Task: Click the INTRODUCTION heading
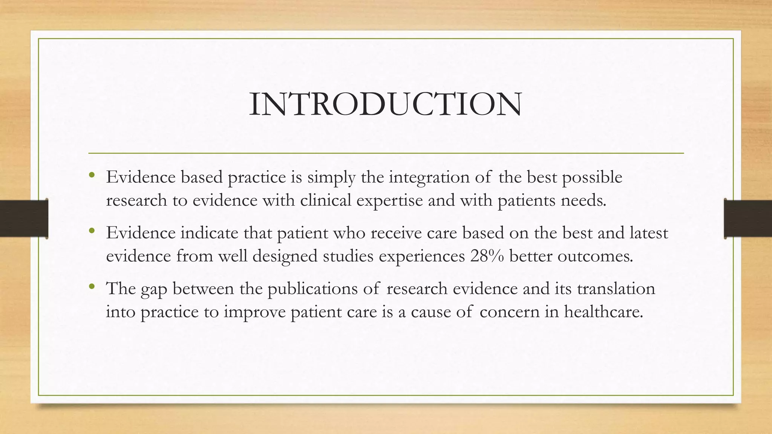pos(386,104)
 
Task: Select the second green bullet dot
pos(92,231)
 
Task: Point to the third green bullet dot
pos(92,287)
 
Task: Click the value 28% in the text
pos(487,256)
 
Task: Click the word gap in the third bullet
pos(154,289)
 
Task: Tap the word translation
pos(616,289)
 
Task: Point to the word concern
pos(509,312)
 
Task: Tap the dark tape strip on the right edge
pos(748,219)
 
